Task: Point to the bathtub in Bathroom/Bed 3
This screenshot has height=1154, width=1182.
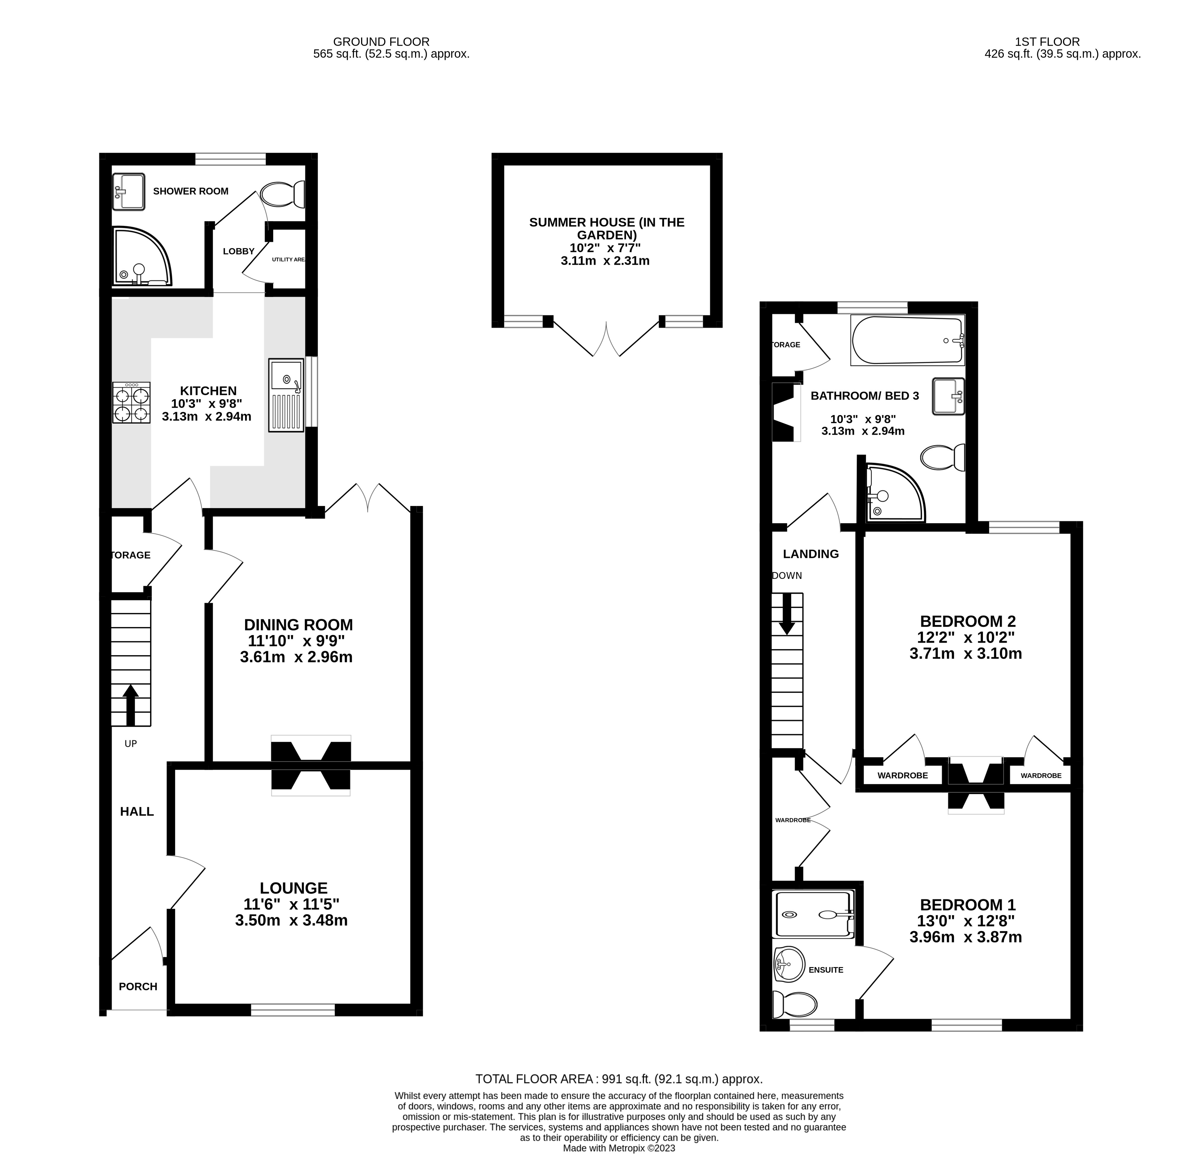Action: click(x=907, y=340)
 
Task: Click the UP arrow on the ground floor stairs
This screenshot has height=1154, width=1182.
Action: click(x=131, y=704)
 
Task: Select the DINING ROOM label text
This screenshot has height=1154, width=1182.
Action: click(x=298, y=625)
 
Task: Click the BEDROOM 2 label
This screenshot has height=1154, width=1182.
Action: click(x=967, y=621)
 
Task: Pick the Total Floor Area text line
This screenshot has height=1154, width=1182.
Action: click(x=619, y=1079)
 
